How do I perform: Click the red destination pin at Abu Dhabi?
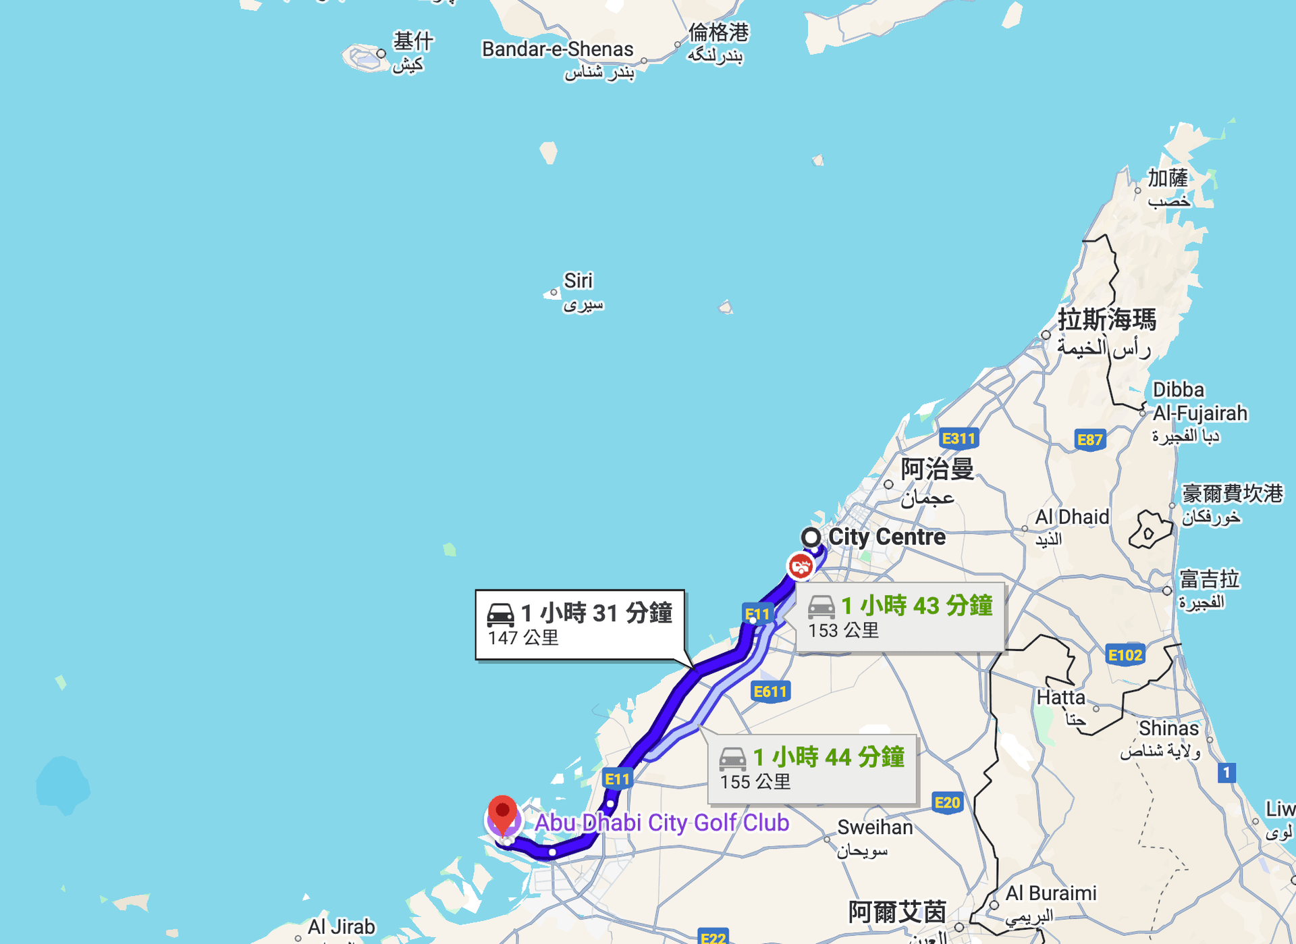502,813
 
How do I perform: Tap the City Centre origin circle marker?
811,537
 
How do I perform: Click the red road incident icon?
801,566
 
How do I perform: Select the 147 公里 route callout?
579,624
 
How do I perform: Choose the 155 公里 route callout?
811,768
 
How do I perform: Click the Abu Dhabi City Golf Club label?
661,822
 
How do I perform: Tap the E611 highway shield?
770,691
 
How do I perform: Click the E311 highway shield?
959,438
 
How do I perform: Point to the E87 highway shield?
1089,440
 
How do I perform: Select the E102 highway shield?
1125,654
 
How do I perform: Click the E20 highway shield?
946,802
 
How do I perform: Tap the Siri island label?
578,280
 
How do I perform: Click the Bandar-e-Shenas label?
557,49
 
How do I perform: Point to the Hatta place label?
1060,697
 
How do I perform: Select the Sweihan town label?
875,827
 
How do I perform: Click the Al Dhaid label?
1072,517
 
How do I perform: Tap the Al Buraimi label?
1051,893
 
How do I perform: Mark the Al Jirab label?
341,926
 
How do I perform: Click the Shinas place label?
1168,728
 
